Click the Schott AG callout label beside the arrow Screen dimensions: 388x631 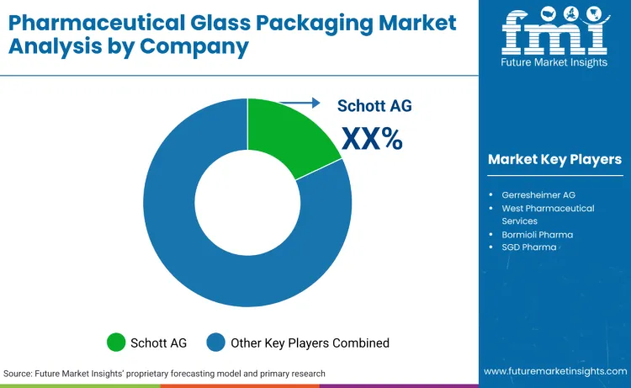point(374,105)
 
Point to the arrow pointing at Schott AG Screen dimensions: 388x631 point(300,103)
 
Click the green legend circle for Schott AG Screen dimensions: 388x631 point(116,342)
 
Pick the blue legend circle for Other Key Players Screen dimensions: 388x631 point(217,342)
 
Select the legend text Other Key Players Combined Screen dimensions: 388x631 point(310,343)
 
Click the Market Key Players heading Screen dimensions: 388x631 point(554,159)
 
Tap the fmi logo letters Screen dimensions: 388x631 point(554,35)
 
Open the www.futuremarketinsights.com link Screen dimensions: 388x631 point(554,371)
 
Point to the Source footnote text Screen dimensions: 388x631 point(164,373)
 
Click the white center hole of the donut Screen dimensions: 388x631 point(247,202)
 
